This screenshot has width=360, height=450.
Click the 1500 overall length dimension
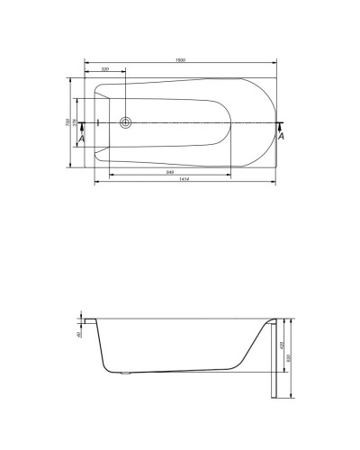(x=181, y=58)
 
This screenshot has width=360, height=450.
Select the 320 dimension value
(x=105, y=69)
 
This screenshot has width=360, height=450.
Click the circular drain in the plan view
(x=125, y=121)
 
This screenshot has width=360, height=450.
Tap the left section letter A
(x=82, y=139)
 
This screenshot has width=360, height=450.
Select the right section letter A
(x=282, y=137)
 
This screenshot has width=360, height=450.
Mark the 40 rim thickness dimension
(x=80, y=335)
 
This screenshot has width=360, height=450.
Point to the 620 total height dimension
(x=289, y=357)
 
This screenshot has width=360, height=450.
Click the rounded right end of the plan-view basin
(x=270, y=121)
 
